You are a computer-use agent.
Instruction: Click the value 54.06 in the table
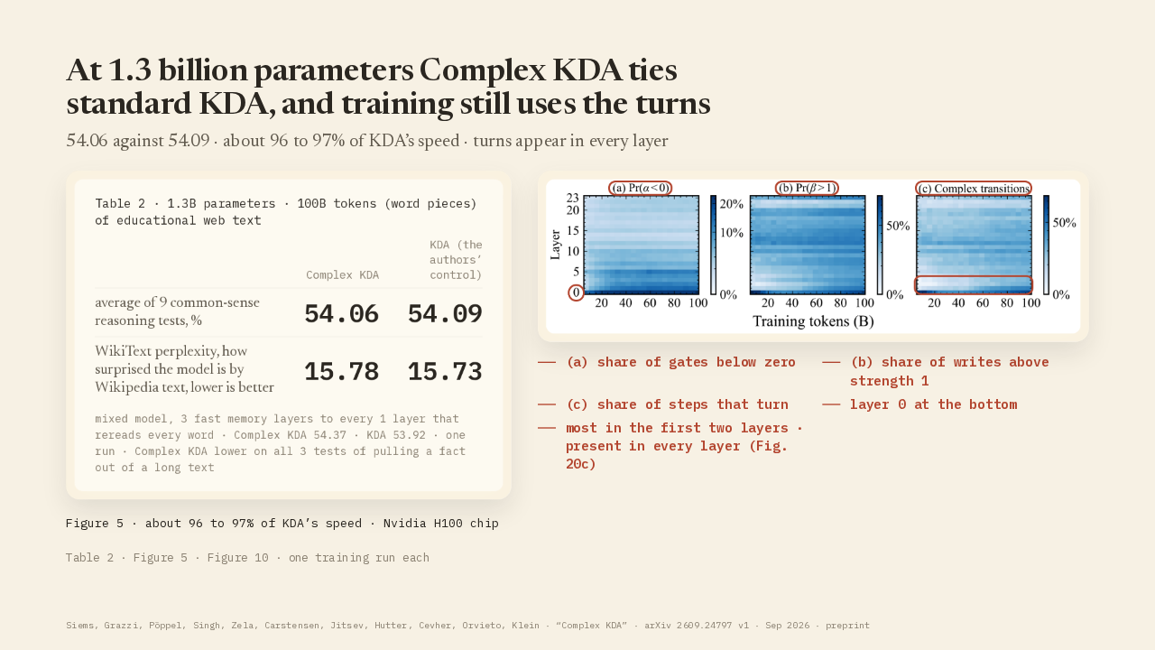[341, 313]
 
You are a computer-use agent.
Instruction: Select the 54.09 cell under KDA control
[445, 313]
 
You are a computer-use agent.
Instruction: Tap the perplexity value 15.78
[341, 371]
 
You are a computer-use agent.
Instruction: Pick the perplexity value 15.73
[445, 371]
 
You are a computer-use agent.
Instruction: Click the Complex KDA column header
[342, 275]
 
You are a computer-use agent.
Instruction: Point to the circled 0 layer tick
[576, 293]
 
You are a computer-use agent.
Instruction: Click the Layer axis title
[555, 245]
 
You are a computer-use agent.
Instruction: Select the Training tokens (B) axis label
[813, 321]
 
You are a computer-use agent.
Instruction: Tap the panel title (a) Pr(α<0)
[641, 188]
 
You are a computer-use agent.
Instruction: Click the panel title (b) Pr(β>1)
[807, 188]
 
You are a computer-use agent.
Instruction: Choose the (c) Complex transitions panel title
[974, 189]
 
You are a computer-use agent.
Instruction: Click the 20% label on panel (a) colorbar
[732, 204]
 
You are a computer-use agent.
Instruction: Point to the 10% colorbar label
[732, 233]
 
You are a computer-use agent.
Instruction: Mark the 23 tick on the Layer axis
[573, 198]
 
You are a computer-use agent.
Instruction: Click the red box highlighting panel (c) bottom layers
[974, 276]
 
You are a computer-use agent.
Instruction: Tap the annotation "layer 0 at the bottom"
[933, 404]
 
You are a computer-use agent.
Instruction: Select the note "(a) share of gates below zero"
[680, 362]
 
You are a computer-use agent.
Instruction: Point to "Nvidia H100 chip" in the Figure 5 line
[441, 523]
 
